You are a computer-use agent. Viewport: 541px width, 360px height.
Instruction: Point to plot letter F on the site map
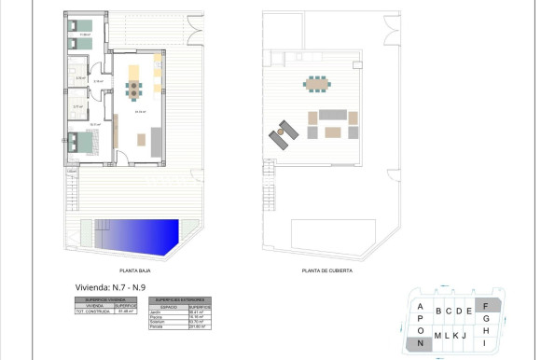click(486, 304)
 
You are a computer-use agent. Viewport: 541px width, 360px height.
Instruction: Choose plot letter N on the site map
click(421, 344)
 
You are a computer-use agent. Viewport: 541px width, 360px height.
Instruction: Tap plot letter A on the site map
click(421, 307)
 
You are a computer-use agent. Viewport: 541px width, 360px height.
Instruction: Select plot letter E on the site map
click(469, 312)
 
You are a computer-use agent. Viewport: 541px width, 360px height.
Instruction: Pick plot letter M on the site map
click(437, 336)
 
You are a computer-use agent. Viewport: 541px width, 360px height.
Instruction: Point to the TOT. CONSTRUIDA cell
click(93, 311)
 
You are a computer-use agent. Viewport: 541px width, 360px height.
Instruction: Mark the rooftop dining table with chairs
click(316, 84)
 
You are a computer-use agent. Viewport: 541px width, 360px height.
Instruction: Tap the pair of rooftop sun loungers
click(282, 135)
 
